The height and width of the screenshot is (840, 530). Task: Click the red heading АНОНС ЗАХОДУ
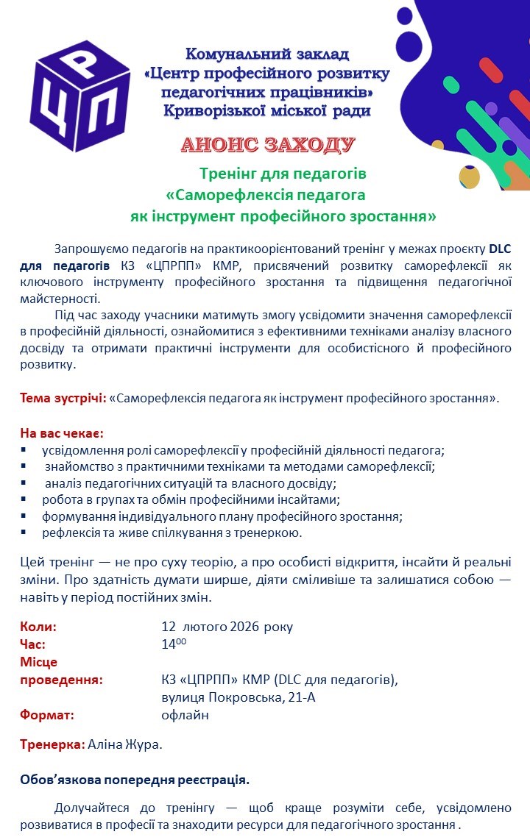click(x=268, y=144)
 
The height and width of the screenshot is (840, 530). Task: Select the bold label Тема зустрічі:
click(x=63, y=398)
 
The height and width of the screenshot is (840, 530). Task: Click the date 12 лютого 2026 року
click(x=227, y=627)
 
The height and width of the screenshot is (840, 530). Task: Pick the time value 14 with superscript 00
click(x=174, y=644)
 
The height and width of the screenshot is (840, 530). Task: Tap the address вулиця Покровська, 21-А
click(x=239, y=697)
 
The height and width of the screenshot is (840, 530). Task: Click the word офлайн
click(x=185, y=714)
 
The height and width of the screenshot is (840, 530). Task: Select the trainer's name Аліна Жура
click(x=124, y=744)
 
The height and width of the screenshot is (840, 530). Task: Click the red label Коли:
click(x=38, y=627)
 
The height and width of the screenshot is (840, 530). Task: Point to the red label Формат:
click(x=47, y=714)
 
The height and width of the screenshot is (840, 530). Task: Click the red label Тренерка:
click(x=52, y=744)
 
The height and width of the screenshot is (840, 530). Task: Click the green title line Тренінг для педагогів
click(x=283, y=174)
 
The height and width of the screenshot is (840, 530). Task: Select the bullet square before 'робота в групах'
click(x=24, y=499)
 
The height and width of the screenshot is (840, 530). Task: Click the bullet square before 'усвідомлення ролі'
click(x=24, y=449)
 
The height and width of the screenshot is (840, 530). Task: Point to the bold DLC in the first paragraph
click(x=500, y=248)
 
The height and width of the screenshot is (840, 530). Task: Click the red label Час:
click(x=33, y=644)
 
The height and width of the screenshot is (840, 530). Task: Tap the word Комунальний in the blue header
click(x=229, y=54)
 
